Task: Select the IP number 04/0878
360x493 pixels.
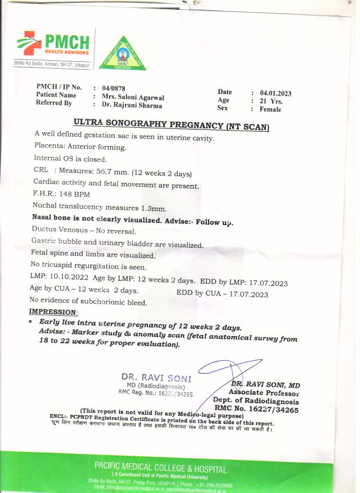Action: point(114,88)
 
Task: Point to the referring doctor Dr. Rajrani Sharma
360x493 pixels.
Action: point(132,105)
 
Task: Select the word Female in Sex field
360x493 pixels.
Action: point(271,109)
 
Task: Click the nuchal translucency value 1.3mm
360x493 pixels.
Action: point(151,208)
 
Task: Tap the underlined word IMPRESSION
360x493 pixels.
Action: point(53,312)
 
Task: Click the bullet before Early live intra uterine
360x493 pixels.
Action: point(30,322)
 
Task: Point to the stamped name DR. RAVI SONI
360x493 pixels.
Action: point(156,378)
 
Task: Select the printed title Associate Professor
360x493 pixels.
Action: point(264,393)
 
